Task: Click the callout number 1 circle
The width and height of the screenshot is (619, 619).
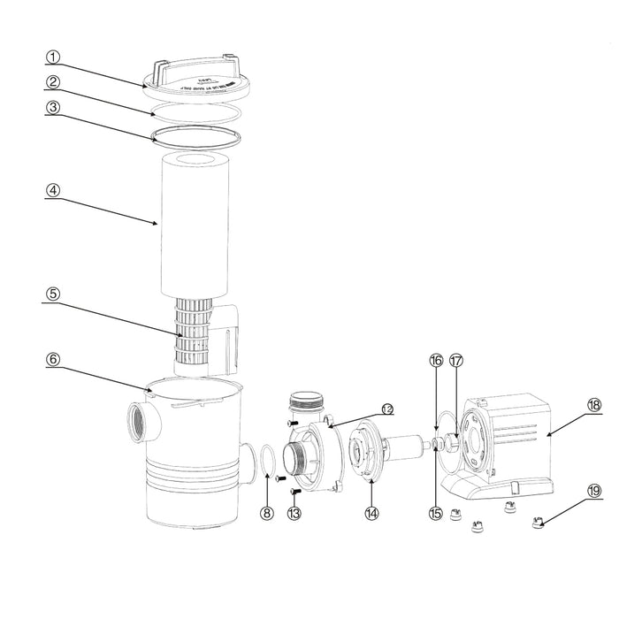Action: tap(53, 57)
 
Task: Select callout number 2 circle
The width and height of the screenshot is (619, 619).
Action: tap(53, 82)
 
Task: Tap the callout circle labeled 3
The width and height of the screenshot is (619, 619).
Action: tap(53, 108)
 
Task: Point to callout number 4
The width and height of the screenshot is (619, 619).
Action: tap(53, 189)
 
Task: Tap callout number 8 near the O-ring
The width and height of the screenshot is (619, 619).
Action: tap(266, 511)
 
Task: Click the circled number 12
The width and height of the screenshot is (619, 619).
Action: tap(386, 408)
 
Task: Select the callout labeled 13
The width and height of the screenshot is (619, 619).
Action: tap(294, 511)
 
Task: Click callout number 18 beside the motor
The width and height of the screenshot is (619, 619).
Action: tap(593, 404)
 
